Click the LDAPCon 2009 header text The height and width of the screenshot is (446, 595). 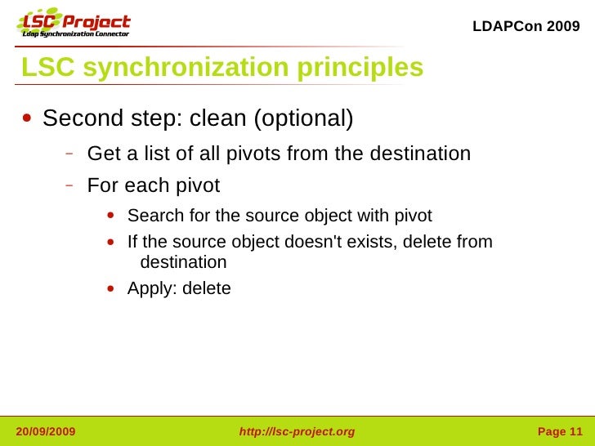(x=526, y=26)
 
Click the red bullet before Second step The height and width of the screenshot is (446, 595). (x=28, y=118)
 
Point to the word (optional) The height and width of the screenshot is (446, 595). (x=303, y=119)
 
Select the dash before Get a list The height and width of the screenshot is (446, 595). (x=71, y=153)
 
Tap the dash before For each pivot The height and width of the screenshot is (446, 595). (x=71, y=185)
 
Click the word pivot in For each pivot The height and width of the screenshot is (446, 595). (x=197, y=185)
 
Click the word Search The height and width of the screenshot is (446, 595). (x=153, y=216)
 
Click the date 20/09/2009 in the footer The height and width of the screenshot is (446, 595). (x=46, y=431)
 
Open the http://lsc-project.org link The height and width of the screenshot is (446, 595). (x=297, y=431)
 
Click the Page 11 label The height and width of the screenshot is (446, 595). (x=560, y=431)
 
